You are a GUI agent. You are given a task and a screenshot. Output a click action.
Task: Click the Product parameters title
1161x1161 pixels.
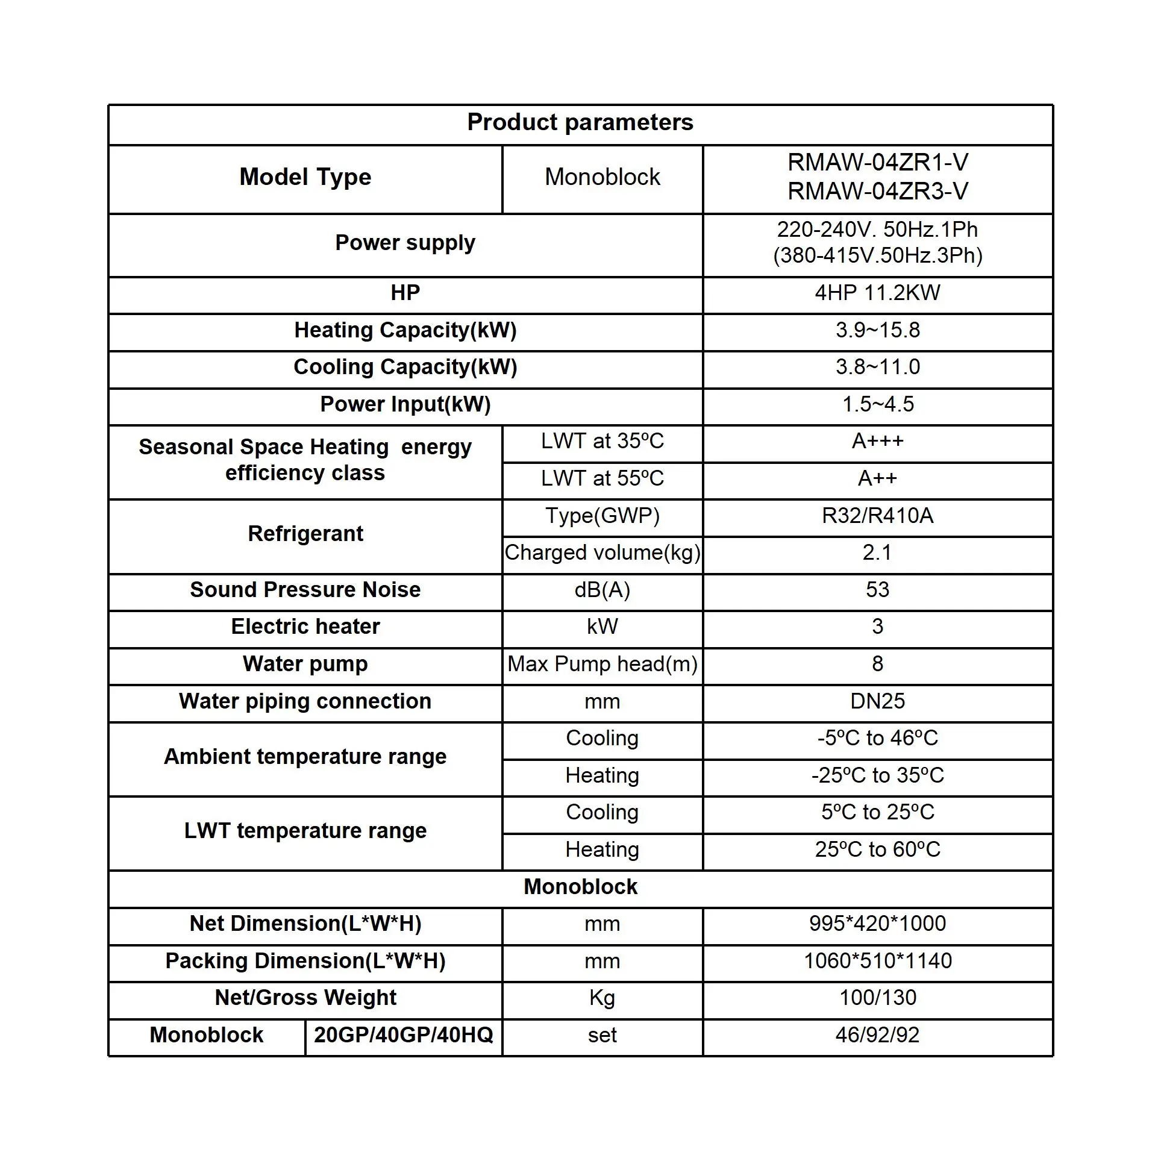point(580,122)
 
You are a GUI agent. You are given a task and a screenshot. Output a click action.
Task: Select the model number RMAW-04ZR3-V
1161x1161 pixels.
point(877,192)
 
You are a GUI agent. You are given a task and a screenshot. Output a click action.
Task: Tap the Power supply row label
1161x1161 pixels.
point(405,243)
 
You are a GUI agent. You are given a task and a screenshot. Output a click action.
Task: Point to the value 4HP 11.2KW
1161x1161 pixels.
point(877,293)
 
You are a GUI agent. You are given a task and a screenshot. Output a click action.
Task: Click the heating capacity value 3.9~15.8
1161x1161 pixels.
point(877,330)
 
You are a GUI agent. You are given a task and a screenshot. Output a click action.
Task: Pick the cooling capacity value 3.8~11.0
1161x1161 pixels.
point(877,367)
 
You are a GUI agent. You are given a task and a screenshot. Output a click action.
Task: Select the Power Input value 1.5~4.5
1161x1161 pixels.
point(877,404)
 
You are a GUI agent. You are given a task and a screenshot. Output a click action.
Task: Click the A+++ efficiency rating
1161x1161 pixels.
point(877,441)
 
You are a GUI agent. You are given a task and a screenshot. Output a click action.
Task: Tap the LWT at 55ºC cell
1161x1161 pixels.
point(602,478)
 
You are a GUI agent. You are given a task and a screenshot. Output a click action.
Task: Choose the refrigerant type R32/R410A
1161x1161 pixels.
point(877,516)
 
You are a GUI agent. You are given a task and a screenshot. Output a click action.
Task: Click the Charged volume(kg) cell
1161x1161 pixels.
point(602,552)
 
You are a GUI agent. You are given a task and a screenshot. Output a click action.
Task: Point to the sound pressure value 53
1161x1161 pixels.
point(877,589)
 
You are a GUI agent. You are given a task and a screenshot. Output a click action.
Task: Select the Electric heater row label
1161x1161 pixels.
point(305,627)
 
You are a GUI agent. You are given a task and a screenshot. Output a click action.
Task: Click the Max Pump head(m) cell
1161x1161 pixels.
point(602,664)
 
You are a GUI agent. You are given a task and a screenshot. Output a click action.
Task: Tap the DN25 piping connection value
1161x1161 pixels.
point(877,701)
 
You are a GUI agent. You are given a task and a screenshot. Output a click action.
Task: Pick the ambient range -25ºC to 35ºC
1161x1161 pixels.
point(877,775)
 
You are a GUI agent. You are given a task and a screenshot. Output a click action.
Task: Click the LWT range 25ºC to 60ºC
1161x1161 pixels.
point(877,850)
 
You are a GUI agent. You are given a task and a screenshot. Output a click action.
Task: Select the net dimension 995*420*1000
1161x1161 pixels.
point(877,924)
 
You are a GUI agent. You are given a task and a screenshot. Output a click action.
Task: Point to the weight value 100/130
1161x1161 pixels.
point(877,998)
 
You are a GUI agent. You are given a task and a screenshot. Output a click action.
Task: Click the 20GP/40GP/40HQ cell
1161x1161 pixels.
point(403,1035)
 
